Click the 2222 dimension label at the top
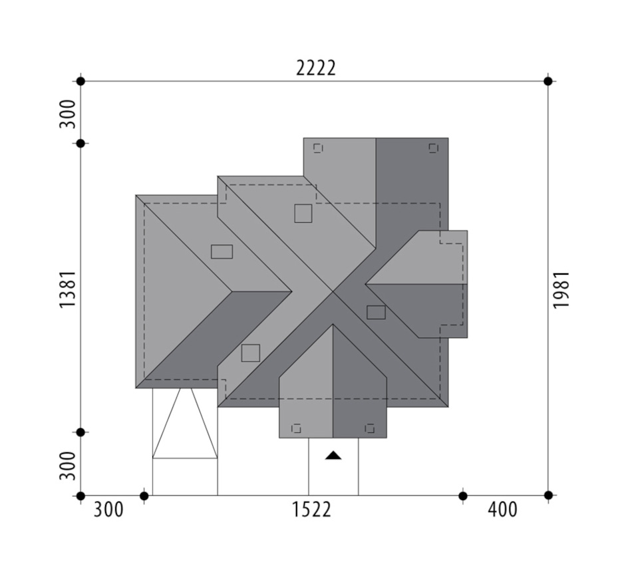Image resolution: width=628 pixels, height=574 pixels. tap(315, 69)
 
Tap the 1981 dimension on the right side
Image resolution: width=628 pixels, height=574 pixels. tap(561, 289)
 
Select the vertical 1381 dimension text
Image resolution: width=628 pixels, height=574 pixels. tap(68, 289)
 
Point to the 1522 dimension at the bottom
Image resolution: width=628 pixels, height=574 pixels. tap(311, 510)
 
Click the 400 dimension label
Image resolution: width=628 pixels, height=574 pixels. tap(503, 510)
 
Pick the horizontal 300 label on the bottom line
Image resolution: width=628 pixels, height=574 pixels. tap(108, 510)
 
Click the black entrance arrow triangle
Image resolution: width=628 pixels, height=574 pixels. tap(333, 455)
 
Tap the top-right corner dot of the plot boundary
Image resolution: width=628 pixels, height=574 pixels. tap(548, 81)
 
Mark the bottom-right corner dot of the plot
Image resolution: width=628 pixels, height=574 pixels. tap(548, 496)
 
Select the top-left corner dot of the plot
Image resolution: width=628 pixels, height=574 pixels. tap(80, 81)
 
